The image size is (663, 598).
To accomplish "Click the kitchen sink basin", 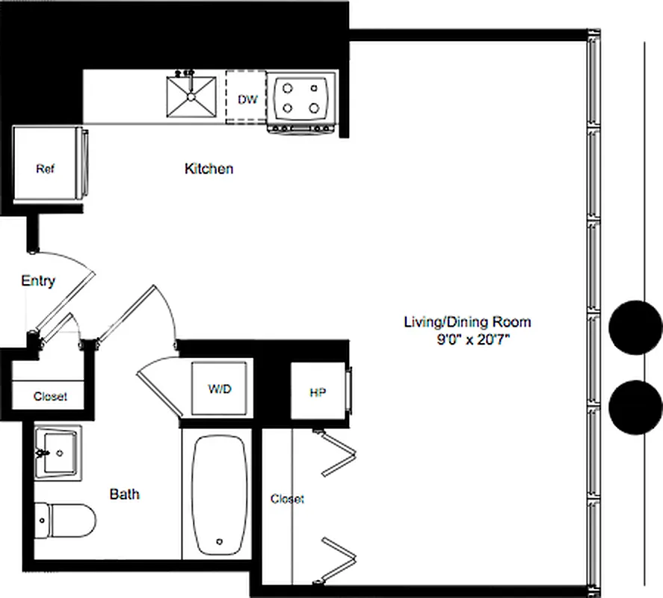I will [x=191, y=96].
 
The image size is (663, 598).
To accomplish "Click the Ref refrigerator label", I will [x=46, y=168].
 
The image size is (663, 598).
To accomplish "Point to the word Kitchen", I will [x=209, y=169].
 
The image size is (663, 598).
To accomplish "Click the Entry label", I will [x=37, y=281].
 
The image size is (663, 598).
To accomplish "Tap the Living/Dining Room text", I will [x=467, y=322].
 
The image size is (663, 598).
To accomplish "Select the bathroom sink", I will [x=59, y=452].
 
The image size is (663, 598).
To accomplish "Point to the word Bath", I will [x=124, y=494].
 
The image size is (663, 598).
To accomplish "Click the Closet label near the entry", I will [x=50, y=396].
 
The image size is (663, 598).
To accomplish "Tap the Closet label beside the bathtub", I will [x=287, y=499].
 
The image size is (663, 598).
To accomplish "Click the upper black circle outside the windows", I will [x=635, y=327].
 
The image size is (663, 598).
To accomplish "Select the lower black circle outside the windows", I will [x=635, y=407].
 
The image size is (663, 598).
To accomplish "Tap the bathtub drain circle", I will [x=220, y=542].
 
